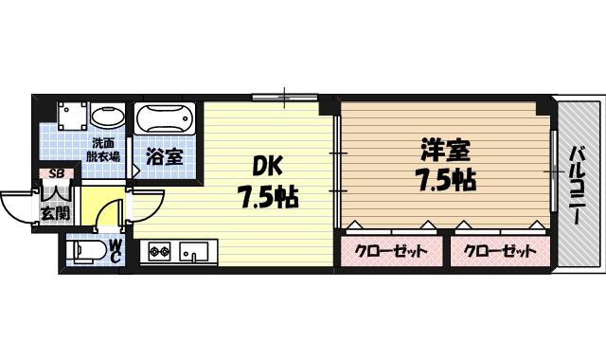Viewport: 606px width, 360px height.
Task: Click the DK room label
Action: pyautogui.click(x=267, y=166)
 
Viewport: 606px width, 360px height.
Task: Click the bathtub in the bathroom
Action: pyautogui.click(x=164, y=120)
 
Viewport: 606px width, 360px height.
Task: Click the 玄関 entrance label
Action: pyautogui.click(x=55, y=210)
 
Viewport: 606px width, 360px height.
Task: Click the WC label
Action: pyautogui.click(x=115, y=251)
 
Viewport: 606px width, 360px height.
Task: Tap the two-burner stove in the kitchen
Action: pyautogui.click(x=157, y=252)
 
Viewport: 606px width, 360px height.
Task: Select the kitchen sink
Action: pyautogui.click(x=194, y=252)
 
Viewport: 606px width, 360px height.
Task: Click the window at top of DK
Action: pyautogui.click(x=285, y=96)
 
